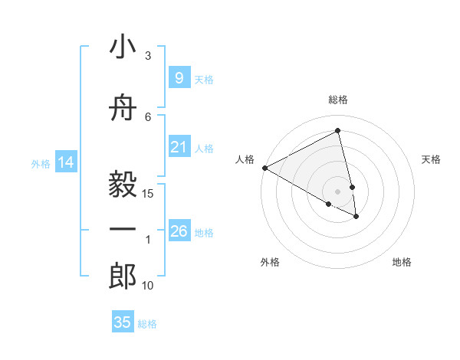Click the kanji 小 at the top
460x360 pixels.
coord(122,47)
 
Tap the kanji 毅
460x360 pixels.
coord(122,184)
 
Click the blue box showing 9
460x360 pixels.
coord(179,78)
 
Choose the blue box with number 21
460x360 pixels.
coord(179,147)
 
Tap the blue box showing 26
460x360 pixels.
coord(179,231)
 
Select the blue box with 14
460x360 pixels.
coord(66,162)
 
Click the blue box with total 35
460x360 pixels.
coord(123,322)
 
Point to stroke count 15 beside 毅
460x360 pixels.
coord(149,194)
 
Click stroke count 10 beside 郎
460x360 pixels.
coord(148,286)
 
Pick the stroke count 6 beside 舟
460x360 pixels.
coord(148,116)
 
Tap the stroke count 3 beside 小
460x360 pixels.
coord(148,55)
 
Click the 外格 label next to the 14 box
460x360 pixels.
coord(41,163)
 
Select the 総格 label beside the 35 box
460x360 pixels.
coord(147,324)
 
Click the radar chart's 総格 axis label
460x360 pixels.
coord(337,100)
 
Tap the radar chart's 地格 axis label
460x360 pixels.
coord(402,262)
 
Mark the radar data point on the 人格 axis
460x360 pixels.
coord(264,168)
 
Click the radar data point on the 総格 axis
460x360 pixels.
coord(338,131)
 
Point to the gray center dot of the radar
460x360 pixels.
coord(338,191)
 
